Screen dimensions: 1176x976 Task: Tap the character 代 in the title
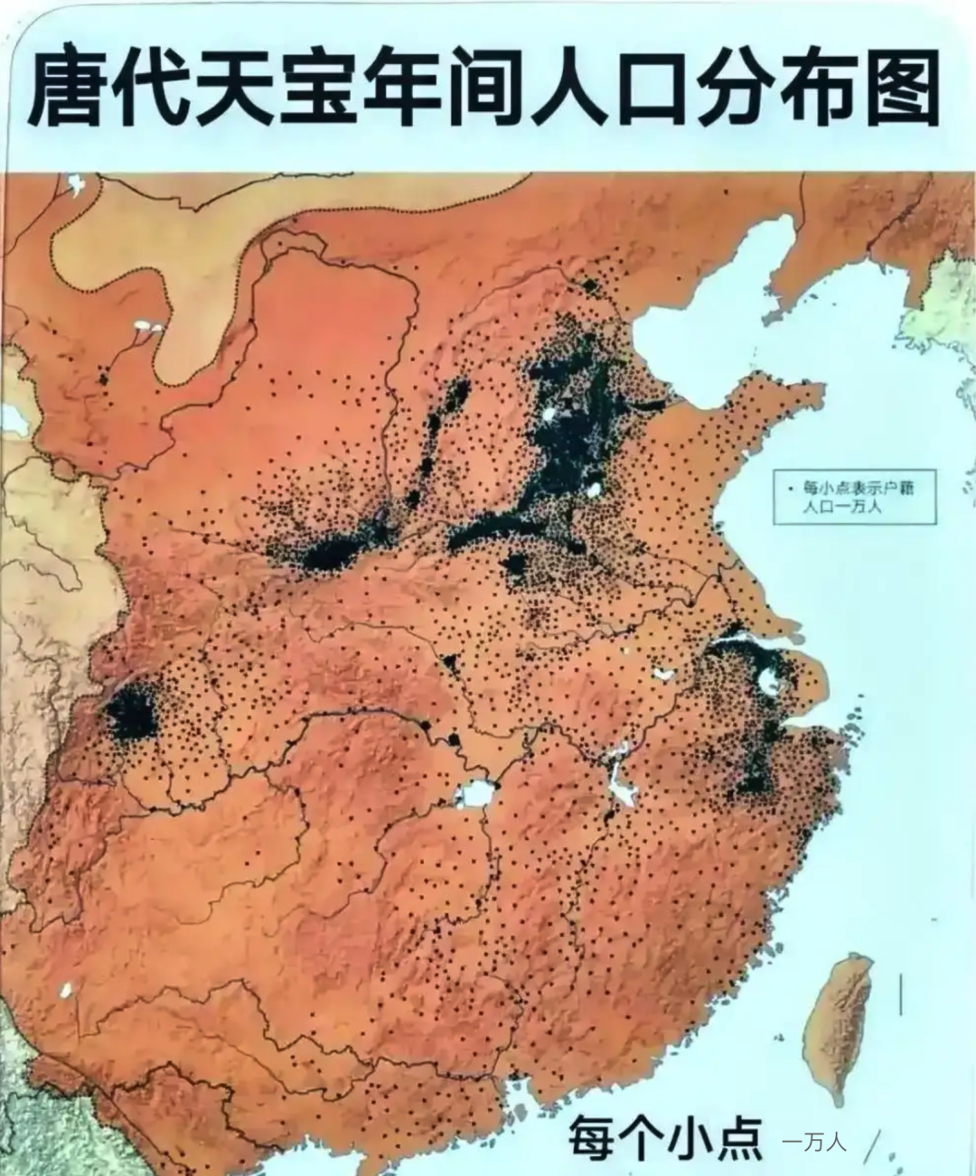click(169, 89)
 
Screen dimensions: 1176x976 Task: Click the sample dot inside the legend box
click(791, 488)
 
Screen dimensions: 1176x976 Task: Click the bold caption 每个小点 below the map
click(665, 1137)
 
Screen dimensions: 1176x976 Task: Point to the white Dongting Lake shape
click(476, 795)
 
